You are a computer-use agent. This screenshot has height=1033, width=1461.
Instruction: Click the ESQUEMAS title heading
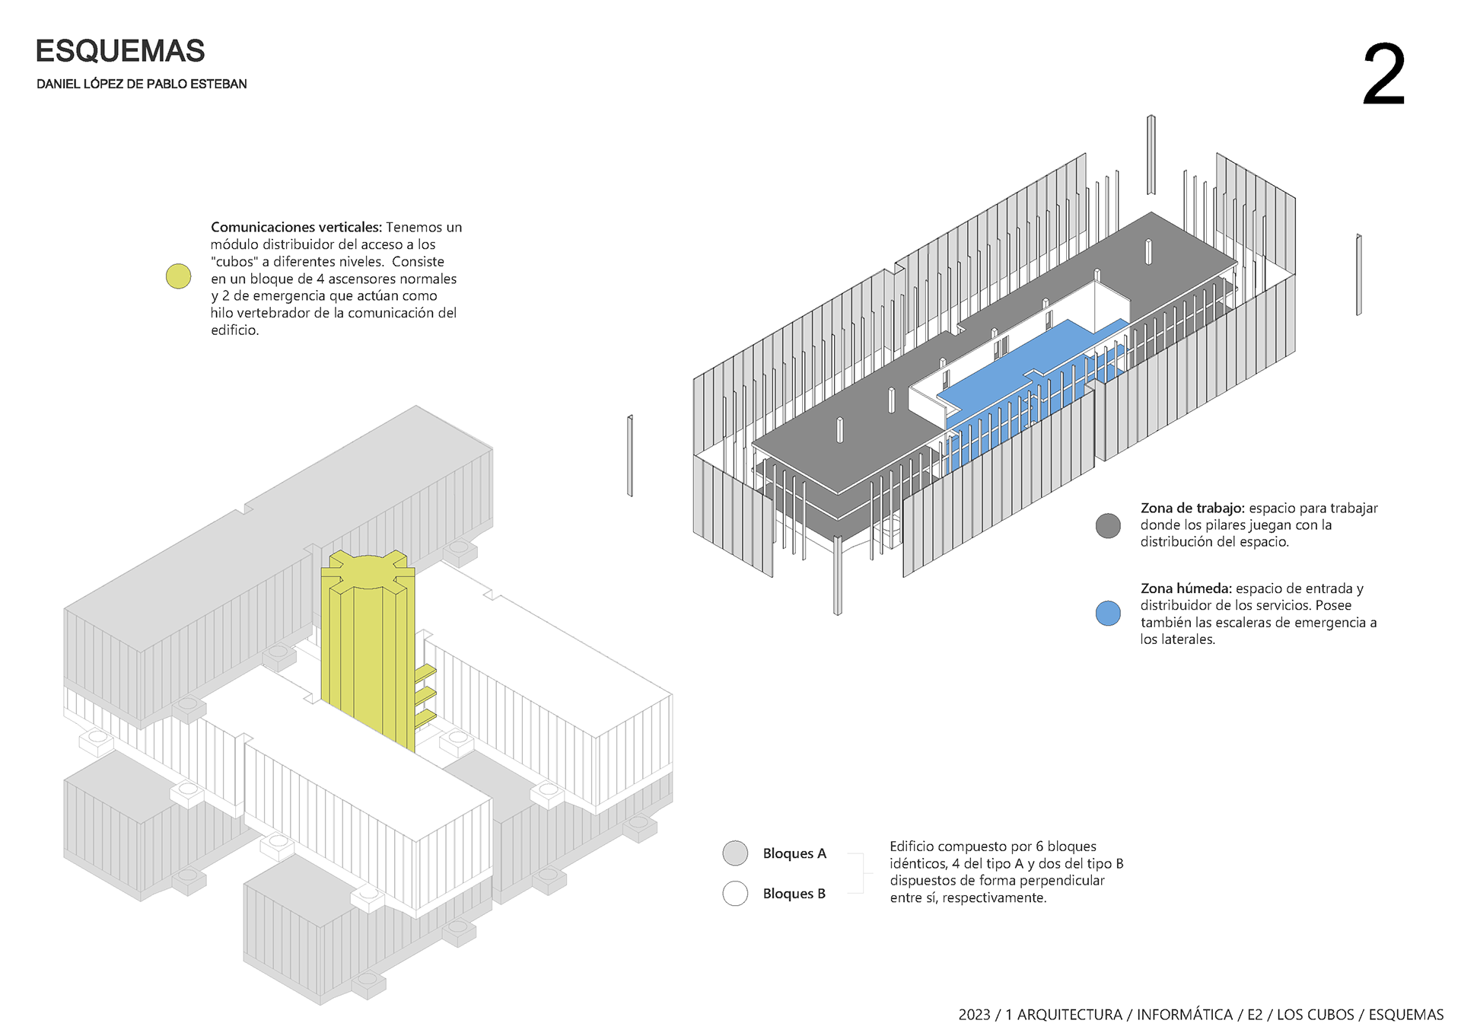pos(120,51)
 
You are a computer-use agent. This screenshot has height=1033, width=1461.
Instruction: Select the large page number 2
pos(1383,75)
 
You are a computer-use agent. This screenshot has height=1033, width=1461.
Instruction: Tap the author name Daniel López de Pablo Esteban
pos(142,84)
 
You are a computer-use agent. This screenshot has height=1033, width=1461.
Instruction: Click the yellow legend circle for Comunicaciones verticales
pos(178,276)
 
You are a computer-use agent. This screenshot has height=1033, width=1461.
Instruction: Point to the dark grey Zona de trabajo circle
pos(1108,525)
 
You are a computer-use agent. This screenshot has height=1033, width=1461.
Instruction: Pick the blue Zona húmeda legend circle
pos(1108,614)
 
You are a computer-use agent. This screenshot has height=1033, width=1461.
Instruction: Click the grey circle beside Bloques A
pos(735,853)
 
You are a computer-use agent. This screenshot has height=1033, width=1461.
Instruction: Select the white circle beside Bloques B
pos(735,894)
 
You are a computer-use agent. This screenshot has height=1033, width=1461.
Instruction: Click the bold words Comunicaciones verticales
pos(296,228)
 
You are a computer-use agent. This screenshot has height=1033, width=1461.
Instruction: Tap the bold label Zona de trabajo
pos(1192,508)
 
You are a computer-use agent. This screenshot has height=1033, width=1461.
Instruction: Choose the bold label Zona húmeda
pos(1186,588)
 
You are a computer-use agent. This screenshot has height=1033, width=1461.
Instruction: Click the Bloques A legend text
pos(794,854)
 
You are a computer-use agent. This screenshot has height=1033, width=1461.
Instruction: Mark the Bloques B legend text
pos(794,894)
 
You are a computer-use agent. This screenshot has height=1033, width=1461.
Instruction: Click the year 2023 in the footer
pos(974,1015)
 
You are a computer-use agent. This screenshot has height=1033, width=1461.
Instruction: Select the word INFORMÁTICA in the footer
pos(1185,1015)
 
